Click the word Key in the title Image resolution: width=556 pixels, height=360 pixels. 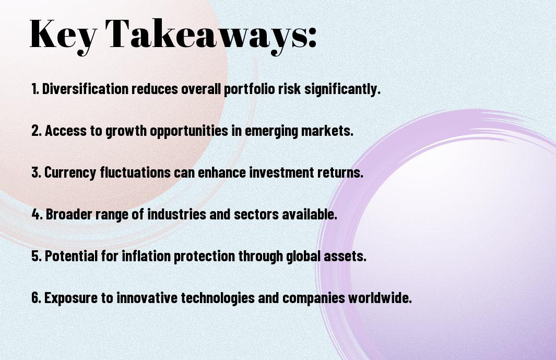pyautogui.click(x=63, y=35)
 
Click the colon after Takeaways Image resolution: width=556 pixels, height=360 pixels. pyautogui.click(x=312, y=38)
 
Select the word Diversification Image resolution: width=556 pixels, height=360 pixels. pyautogui.click(x=85, y=89)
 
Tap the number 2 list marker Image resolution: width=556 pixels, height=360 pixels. pyautogui.click(x=37, y=131)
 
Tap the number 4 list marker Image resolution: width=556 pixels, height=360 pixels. pyautogui.click(x=37, y=214)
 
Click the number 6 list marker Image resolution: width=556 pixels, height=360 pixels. pyautogui.click(x=37, y=297)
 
